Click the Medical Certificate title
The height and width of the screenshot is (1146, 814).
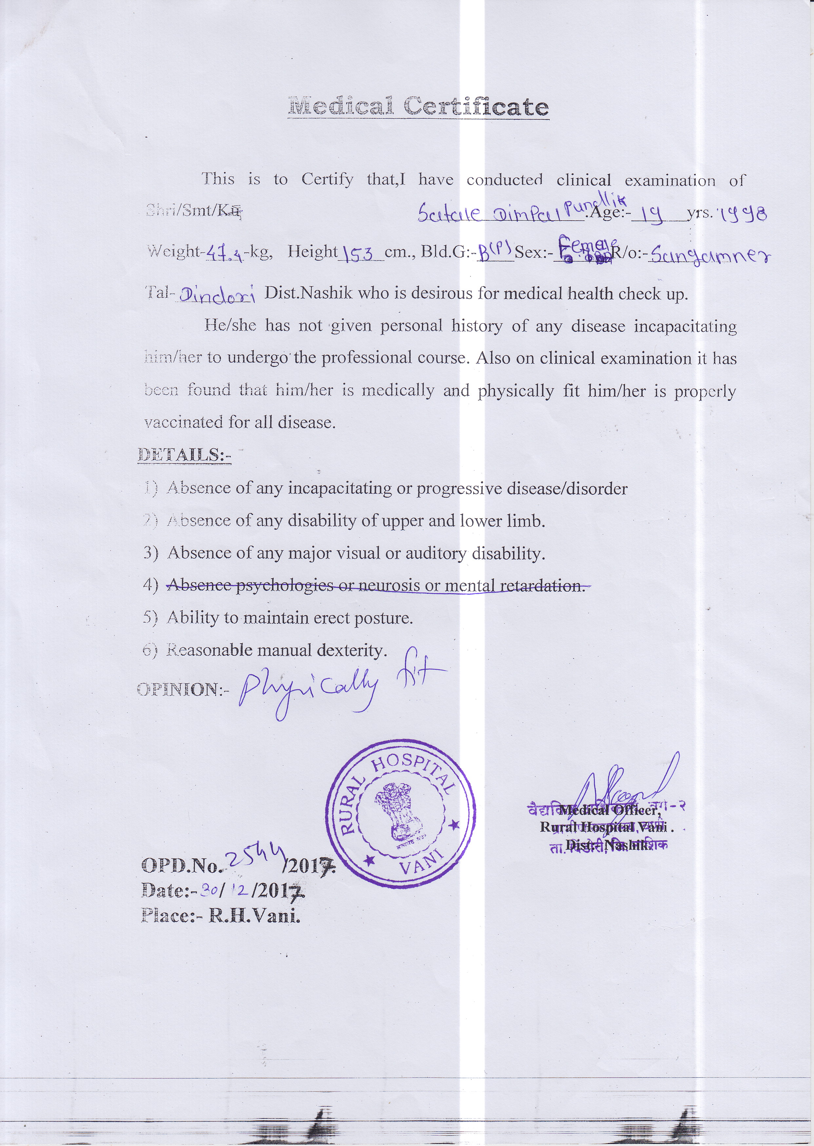pyautogui.click(x=418, y=107)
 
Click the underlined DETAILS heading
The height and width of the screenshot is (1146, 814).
pyautogui.click(x=184, y=455)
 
